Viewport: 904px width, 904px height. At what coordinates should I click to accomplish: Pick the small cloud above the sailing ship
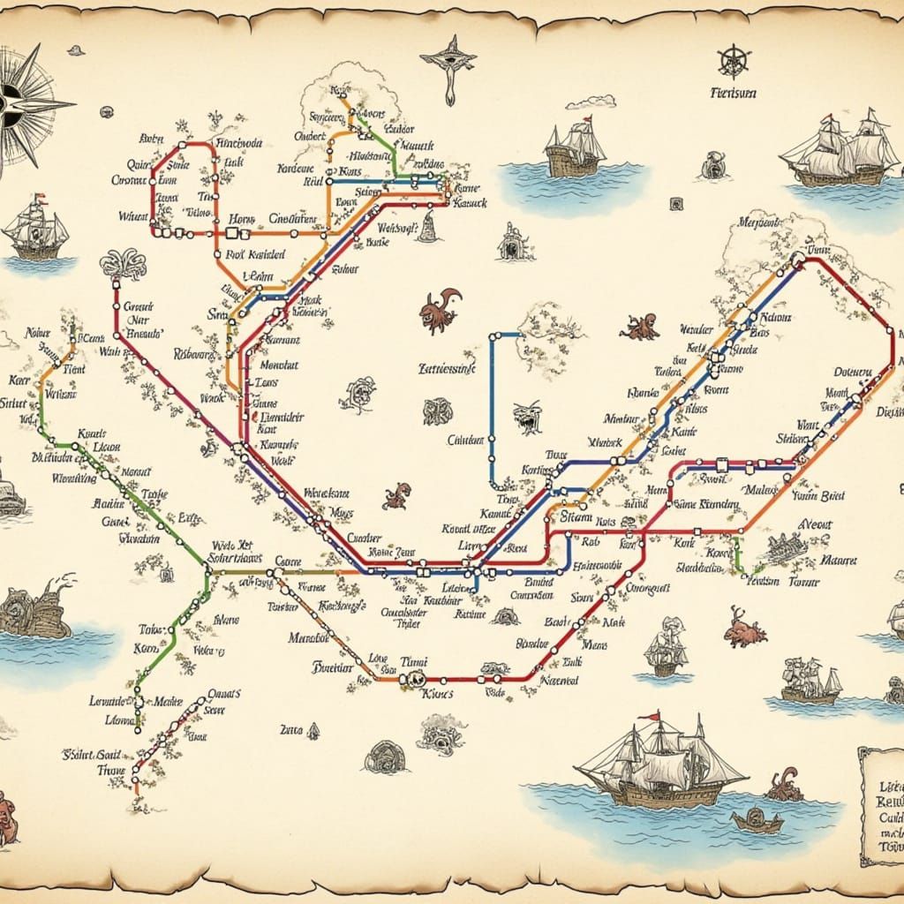point(590,102)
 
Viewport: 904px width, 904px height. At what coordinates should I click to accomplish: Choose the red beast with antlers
point(744,628)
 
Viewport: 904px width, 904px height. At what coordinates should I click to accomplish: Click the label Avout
point(815,524)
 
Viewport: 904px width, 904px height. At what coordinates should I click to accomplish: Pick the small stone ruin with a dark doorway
point(511,243)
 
